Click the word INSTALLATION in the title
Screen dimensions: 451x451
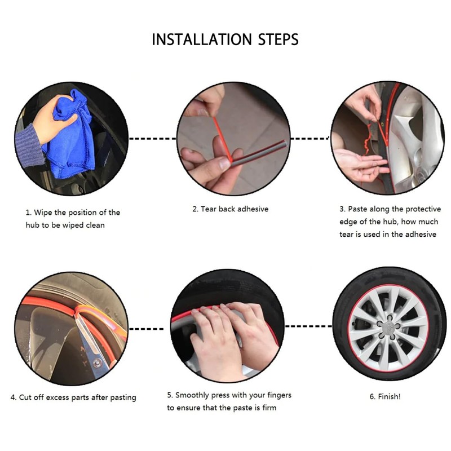point(202,39)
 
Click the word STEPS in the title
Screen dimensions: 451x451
point(278,39)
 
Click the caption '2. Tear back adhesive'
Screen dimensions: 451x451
point(230,209)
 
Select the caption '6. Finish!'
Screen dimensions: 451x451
point(385,397)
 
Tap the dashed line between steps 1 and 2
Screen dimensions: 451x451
point(152,139)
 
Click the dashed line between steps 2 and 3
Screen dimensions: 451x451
point(309,139)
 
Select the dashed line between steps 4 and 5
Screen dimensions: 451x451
point(146,329)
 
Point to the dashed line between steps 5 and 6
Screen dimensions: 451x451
point(308,326)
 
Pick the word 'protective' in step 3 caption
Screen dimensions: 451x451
point(423,209)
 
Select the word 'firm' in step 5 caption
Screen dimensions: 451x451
point(269,408)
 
